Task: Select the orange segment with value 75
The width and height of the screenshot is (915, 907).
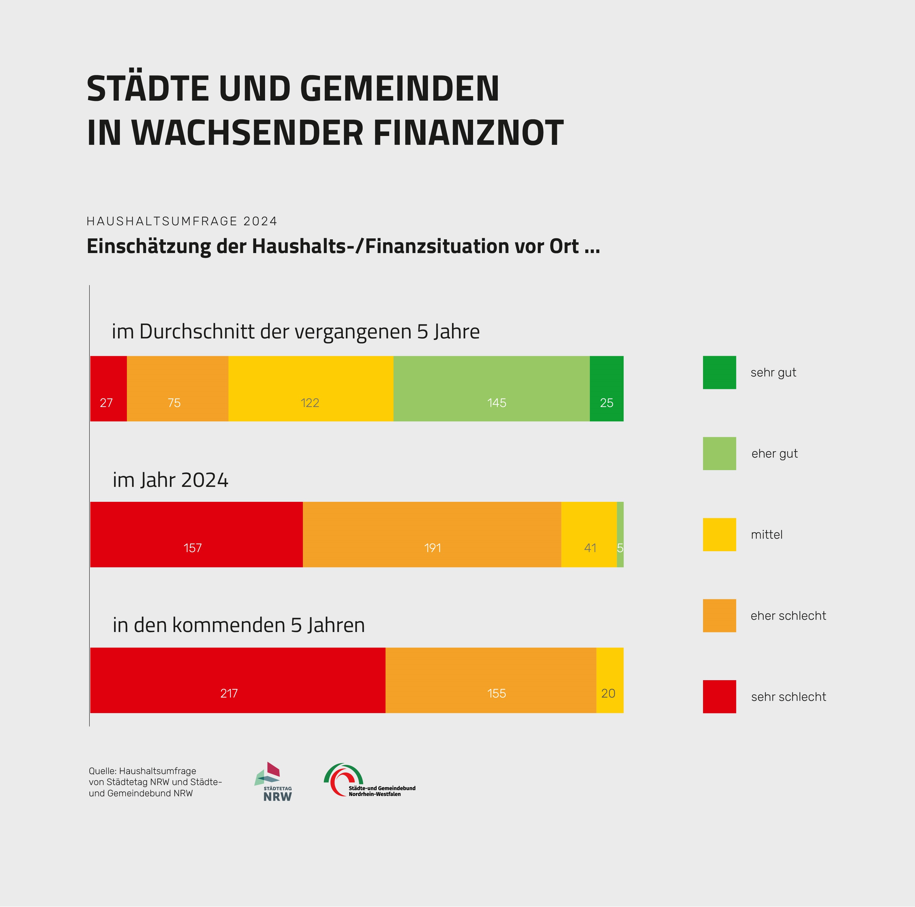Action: [x=178, y=389]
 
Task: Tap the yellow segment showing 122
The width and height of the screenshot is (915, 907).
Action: [x=311, y=389]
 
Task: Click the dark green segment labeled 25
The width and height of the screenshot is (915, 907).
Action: [x=606, y=389]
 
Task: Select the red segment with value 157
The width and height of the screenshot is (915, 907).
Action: [x=196, y=534]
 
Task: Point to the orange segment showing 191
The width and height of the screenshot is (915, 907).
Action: [x=432, y=534]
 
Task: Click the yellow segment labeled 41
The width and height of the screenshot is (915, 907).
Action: [x=589, y=534]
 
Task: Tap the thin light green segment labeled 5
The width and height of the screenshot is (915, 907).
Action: [x=620, y=534]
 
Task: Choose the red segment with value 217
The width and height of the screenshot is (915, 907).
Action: [x=238, y=680]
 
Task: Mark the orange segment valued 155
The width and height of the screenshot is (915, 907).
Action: [x=491, y=680]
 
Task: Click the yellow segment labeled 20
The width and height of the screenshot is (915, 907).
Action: [x=609, y=680]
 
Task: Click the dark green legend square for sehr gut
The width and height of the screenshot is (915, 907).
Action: [x=719, y=373]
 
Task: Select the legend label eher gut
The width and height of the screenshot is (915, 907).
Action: [x=774, y=454]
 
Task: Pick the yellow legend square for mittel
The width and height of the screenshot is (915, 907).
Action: [x=719, y=534]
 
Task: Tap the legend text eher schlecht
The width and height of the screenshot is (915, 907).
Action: [x=788, y=616]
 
